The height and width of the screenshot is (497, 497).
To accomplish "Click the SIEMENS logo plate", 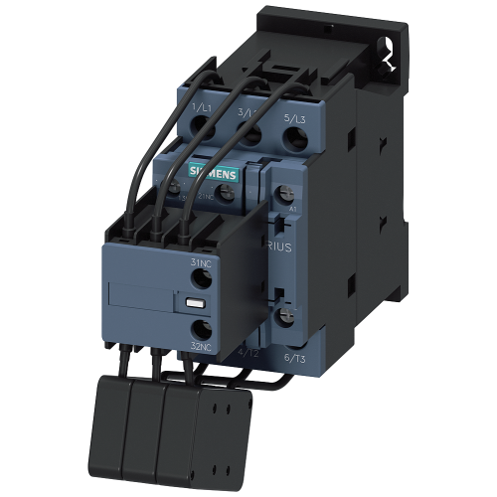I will pos(214,171).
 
